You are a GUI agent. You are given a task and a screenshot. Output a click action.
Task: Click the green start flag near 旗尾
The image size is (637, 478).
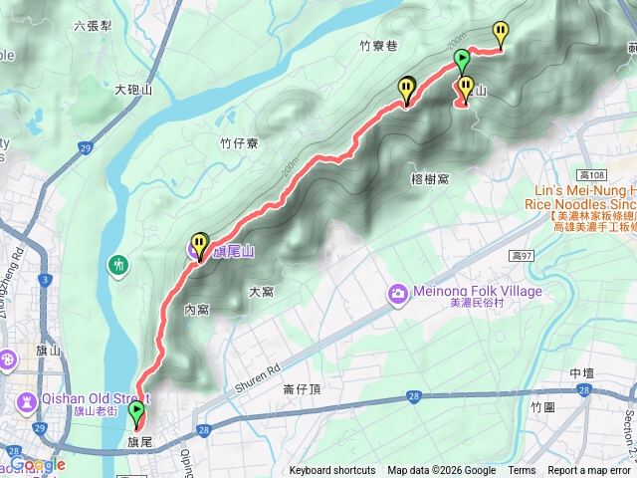[x=136, y=411]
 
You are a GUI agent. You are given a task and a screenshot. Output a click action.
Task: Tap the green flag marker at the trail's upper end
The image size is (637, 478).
[x=462, y=61]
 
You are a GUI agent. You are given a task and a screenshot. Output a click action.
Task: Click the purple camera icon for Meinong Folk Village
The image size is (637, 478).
[x=398, y=292]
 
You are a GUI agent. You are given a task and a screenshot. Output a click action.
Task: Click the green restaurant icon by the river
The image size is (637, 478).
[x=118, y=265]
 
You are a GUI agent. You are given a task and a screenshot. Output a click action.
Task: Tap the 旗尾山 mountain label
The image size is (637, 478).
[x=233, y=253]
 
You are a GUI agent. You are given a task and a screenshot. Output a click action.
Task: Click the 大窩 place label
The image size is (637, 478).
[x=261, y=292]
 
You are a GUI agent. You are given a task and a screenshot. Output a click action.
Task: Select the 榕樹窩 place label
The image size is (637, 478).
[x=430, y=179]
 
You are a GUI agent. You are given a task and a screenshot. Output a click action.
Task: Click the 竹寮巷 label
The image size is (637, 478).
[x=378, y=46]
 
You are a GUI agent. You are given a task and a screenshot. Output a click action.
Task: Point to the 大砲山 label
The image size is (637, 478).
[x=132, y=90]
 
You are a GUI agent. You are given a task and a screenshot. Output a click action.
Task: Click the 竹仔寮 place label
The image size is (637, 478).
[x=239, y=143]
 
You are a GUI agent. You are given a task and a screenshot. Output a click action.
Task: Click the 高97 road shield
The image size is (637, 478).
[x=523, y=257]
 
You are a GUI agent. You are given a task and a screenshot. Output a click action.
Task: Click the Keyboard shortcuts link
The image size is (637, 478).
[x=332, y=471]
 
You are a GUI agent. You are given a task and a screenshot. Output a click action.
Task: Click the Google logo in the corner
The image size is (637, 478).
[x=38, y=465]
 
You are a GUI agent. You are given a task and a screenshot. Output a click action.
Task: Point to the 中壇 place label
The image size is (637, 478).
[x=582, y=373]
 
